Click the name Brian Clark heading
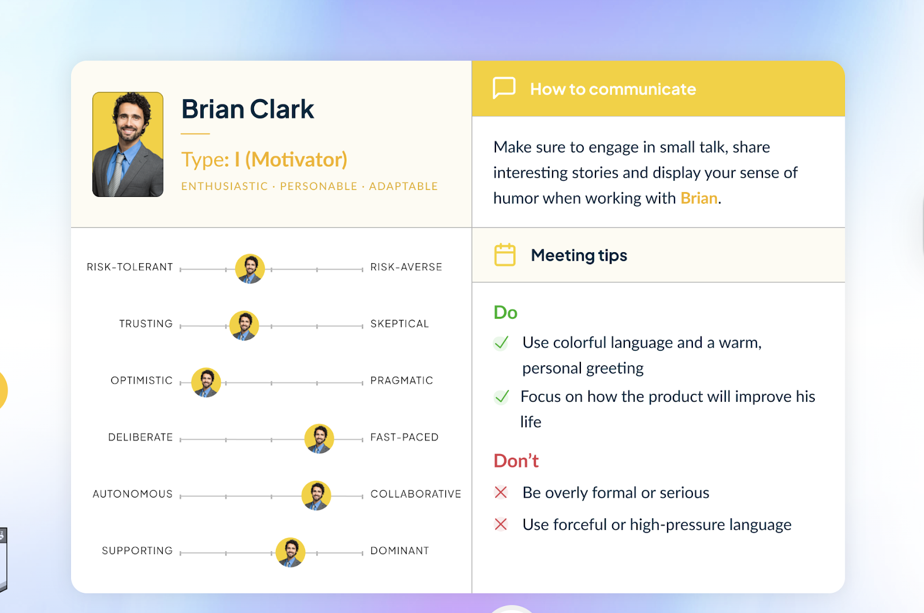point(248,110)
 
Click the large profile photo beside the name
point(128,144)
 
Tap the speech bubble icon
point(504,88)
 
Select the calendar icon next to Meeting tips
point(505,255)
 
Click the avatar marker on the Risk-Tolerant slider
point(250,269)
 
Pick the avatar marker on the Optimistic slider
point(206,382)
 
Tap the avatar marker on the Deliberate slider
point(319,439)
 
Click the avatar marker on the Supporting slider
point(290,552)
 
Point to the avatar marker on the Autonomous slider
point(316,495)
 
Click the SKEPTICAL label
point(400,324)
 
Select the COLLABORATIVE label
point(416,494)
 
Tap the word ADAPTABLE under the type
point(403,186)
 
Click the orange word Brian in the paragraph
point(699,198)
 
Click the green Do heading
point(505,312)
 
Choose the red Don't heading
point(516,461)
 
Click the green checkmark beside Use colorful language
point(501,343)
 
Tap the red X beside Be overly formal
point(501,492)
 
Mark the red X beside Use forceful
point(501,524)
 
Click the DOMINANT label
point(400,551)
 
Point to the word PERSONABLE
point(319,186)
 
